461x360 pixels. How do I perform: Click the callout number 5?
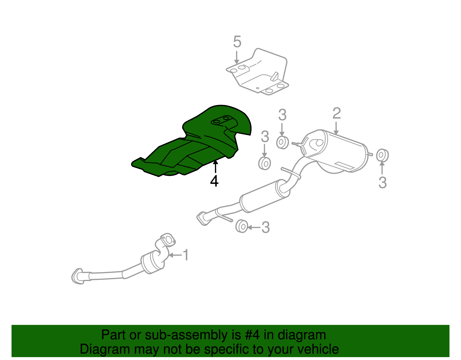pos(237,42)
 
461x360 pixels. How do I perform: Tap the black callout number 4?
pos(214,181)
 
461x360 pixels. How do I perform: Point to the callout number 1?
pos(186,255)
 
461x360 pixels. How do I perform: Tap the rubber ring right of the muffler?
pos(382,155)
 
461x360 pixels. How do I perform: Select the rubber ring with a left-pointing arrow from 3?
pos(242,226)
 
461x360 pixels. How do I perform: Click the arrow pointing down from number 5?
pos(236,57)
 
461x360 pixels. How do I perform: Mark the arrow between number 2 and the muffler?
pos(336,128)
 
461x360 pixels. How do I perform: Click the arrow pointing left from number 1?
pos(175,255)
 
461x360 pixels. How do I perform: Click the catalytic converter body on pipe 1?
pos(152,263)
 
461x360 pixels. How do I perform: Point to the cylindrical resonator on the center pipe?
pos(264,196)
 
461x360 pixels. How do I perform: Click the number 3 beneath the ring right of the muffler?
pos(383,182)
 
